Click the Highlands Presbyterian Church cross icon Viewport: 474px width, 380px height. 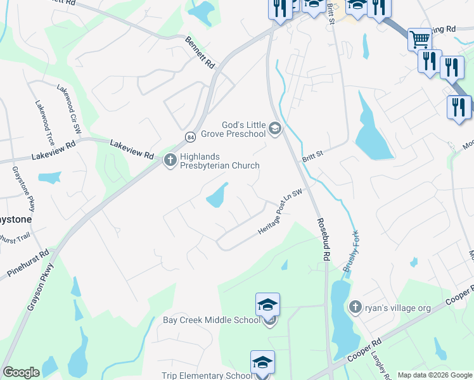pyautogui.click(x=170, y=160)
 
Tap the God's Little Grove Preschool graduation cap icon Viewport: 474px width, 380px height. pyautogui.click(x=275, y=129)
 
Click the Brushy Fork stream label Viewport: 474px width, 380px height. pyautogui.click(x=351, y=250)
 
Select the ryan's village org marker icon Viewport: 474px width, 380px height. pyautogui.click(x=355, y=307)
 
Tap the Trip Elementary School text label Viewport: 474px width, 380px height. pyautogui.click(x=207, y=376)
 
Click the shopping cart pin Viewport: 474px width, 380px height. pyautogui.click(x=419, y=39)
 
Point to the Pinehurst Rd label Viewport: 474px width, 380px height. pyautogui.click(x=29, y=263)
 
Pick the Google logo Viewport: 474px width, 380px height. pyautogui.click(x=21, y=372)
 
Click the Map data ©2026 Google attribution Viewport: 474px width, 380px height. pyautogui.click(x=434, y=375)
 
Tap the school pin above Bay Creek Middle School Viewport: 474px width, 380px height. pyautogui.click(x=267, y=305)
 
